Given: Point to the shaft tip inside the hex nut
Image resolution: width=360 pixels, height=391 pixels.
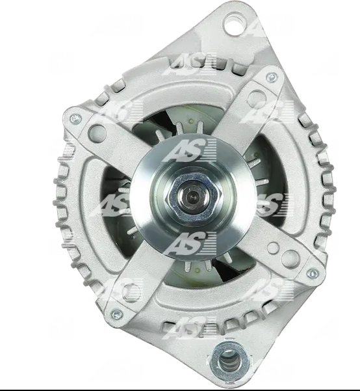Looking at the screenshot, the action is [x=192, y=197].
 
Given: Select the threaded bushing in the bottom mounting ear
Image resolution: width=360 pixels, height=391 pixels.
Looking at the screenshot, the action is [x=229, y=359].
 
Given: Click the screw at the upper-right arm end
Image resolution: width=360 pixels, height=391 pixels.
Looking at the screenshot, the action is [x=272, y=78].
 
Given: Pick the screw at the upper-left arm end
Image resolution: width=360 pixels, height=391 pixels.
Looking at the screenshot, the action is [x=75, y=119].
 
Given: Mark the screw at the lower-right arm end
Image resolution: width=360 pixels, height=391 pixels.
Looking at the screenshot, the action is [x=313, y=274].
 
